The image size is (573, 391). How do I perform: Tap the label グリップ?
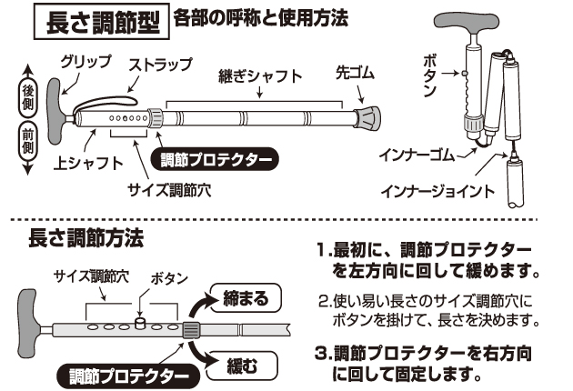pyautogui.click(x=86, y=61)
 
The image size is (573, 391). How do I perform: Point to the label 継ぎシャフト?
pyautogui.click(x=260, y=76)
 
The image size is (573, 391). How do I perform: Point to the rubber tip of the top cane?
pyautogui.click(x=367, y=118)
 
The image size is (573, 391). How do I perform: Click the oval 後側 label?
pyautogui.click(x=28, y=92)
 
